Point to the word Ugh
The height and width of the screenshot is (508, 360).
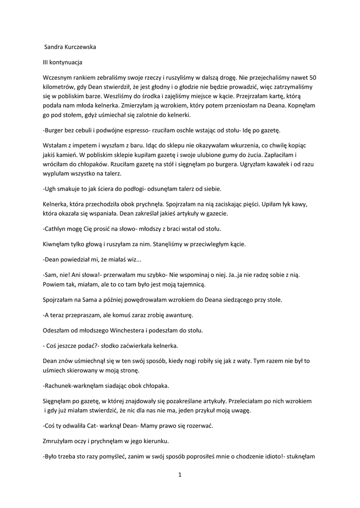50,189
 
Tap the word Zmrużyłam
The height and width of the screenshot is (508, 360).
59,442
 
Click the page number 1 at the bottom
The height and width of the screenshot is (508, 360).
180,475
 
